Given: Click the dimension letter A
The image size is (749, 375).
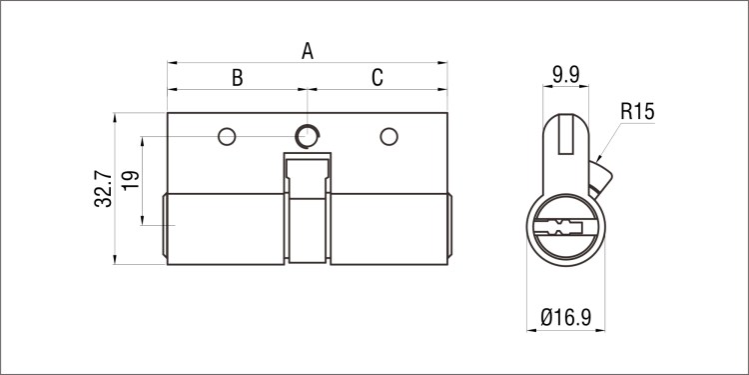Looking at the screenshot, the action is coord(308,51).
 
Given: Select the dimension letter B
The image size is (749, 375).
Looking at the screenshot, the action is coord(238,77).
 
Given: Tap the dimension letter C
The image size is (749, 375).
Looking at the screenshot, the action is coord(377,77).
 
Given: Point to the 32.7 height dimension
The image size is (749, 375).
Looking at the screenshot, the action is coord(103,190).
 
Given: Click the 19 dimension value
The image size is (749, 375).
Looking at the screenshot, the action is coord(131,180).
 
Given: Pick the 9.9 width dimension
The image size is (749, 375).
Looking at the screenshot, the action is coord(565,75).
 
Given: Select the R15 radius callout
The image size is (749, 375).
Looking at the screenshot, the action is coord(637,112).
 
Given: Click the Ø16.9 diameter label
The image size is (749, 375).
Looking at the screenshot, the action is coord(566,317).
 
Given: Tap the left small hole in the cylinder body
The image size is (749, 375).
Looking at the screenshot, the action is coord(227,137).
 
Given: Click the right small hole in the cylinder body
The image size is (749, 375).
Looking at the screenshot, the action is coord(388,137).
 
